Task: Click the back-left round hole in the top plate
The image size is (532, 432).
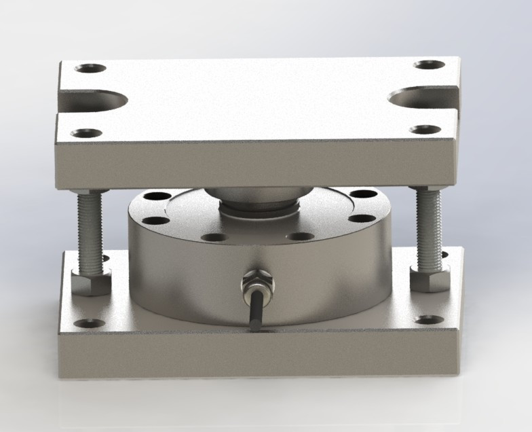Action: point(90,69)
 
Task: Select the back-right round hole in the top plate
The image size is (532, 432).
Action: point(429,65)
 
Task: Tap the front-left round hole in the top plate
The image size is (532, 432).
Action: point(85,133)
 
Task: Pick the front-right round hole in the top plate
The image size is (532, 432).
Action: point(425,129)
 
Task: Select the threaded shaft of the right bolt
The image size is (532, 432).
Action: point(429,227)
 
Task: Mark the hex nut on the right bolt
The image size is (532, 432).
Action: point(430,277)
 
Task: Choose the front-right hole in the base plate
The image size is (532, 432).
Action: point(428,319)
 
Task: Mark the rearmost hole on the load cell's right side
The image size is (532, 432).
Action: point(364,194)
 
